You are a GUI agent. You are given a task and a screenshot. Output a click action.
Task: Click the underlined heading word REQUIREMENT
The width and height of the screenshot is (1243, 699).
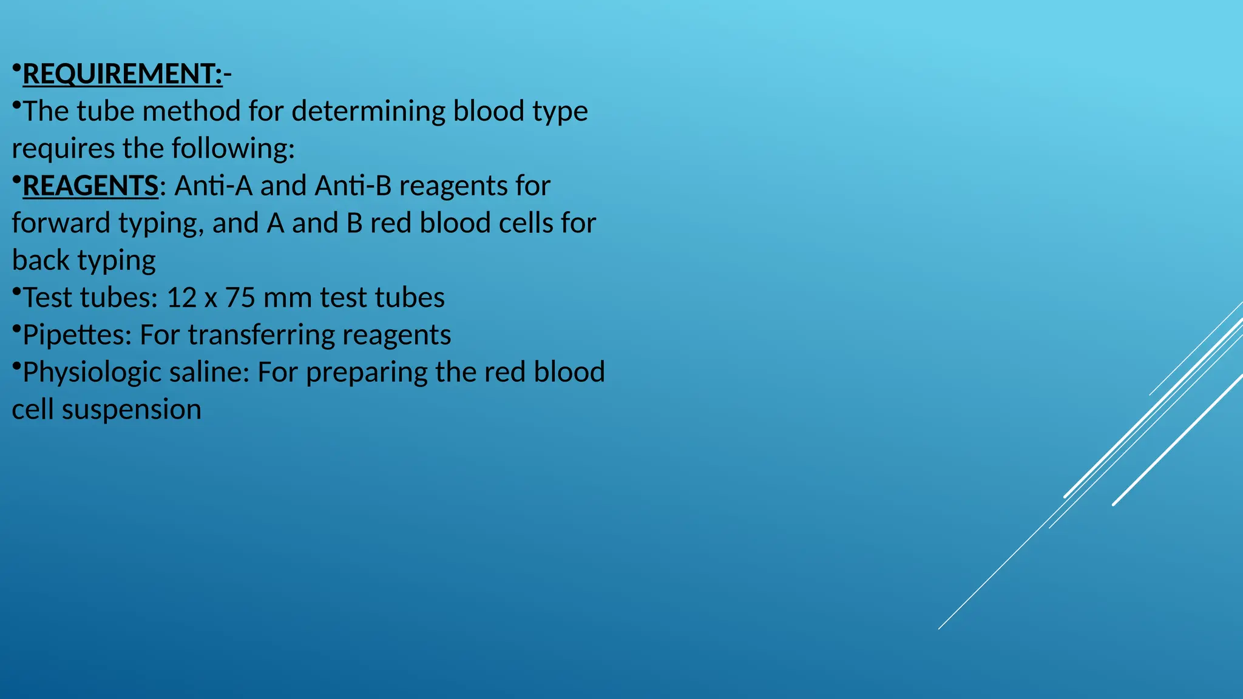(122, 74)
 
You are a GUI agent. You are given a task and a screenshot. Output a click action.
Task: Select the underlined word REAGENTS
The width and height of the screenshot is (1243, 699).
(90, 186)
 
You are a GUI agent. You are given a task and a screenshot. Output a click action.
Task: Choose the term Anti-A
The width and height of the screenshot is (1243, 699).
(214, 186)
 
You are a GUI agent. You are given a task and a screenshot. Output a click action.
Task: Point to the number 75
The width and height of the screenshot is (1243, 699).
(240, 298)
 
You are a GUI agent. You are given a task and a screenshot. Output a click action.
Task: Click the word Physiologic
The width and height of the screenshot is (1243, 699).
(92, 373)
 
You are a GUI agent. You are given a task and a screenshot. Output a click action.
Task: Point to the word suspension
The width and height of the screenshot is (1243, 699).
(131, 410)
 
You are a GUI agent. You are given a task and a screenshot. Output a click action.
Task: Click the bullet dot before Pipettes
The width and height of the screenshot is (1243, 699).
(16, 328)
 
